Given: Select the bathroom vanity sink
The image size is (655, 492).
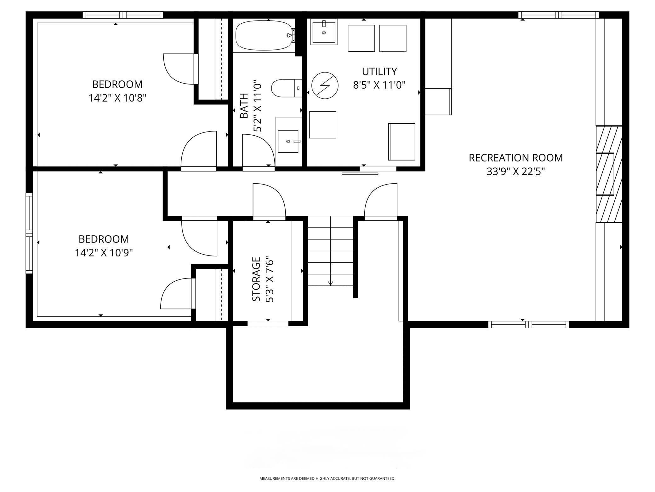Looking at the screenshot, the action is coord(288,141).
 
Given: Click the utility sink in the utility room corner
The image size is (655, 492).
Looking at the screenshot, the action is coord(324,32).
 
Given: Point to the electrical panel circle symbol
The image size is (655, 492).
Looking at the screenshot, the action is coord(325,85).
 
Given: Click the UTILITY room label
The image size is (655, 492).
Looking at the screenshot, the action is coord(379,72).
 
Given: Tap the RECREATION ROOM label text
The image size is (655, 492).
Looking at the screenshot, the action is coord(515,158).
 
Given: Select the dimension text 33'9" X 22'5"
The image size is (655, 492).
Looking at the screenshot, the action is coord(515,172).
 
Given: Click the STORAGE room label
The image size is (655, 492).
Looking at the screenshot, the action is coord(256,279).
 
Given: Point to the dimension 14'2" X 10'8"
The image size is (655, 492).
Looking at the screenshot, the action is coord(117,98).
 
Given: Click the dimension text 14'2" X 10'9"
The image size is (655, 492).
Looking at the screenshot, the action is coord(104,253).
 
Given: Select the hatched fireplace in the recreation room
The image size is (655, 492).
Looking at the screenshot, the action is coord(609,174).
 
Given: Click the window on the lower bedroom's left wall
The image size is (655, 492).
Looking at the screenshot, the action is coord(29,233).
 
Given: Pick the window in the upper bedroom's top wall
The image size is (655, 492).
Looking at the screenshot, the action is coord(123,15).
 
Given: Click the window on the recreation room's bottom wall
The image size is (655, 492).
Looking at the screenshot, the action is coord(529,324).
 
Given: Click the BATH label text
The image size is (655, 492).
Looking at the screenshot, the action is coord(244,106).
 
